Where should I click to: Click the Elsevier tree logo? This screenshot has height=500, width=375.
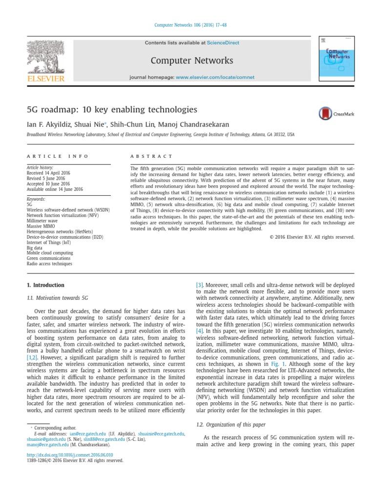coord(45,58)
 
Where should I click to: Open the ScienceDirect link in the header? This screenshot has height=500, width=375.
coord(223,43)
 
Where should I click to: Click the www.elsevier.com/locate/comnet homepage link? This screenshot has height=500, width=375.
coord(209,78)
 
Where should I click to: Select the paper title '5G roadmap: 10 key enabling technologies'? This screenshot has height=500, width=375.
coord(112,109)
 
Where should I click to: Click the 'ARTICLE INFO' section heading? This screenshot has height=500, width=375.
coord(58,156)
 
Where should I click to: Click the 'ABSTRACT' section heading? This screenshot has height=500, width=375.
coord(151,156)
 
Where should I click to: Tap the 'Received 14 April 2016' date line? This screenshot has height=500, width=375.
coord(48,172)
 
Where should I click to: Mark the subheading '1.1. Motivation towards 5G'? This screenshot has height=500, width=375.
coord(57,297)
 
